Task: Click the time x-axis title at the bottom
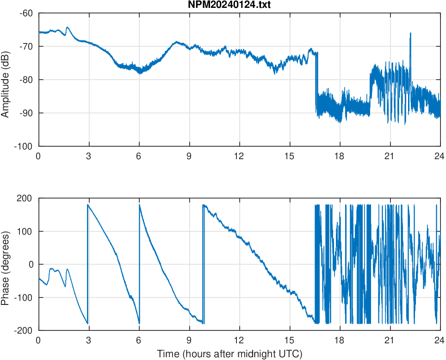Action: pyautogui.click(x=229, y=354)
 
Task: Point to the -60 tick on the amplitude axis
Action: pyautogui.click(x=26, y=13)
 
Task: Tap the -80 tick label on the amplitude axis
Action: pyautogui.click(x=26, y=80)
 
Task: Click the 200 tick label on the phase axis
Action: pyautogui.click(x=25, y=198)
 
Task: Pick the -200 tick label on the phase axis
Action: pyautogui.click(x=23, y=330)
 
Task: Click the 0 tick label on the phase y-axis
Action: pyautogui.click(x=31, y=264)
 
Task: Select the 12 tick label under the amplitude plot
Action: pyautogui.click(x=239, y=156)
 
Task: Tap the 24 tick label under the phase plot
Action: pyautogui.click(x=440, y=340)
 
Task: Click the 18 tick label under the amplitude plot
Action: pyautogui.click(x=340, y=156)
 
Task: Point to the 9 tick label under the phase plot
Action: pyautogui.click(x=189, y=340)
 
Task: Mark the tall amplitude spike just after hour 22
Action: pyautogui.click(x=410, y=33)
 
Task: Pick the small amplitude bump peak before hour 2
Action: pyautogui.click(x=68, y=27)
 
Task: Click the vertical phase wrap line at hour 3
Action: pyautogui.click(x=87, y=264)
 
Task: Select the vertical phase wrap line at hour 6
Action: pyautogui.click(x=139, y=264)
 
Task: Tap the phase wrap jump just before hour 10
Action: pyautogui.click(x=203, y=264)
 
